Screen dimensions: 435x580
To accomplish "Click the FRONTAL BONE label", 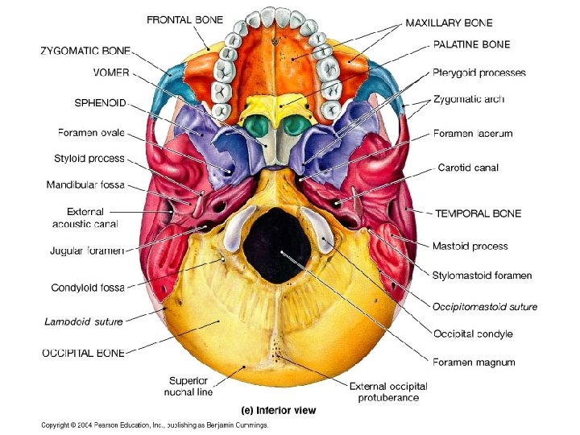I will coord(184,19).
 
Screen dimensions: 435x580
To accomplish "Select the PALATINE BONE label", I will coord(471,45).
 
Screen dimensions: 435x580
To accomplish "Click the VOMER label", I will coord(111,72).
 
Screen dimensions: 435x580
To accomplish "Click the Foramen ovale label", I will coord(92,132).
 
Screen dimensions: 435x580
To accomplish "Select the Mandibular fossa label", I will coord(85,185).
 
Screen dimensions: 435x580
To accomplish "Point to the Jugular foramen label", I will coord(87,251).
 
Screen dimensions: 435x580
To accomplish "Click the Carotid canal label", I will coord(468,168).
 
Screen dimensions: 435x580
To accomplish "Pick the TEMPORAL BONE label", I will coord(478,213).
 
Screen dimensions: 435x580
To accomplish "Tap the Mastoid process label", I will coord(470,246).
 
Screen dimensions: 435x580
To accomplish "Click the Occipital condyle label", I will coord(472,333).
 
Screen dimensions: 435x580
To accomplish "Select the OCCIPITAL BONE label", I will coord(83,353).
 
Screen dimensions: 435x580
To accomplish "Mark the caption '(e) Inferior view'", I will coord(280,410).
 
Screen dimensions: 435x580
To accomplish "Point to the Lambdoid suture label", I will coord(84,321).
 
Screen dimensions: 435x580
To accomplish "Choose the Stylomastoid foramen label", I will coord(482,275).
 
